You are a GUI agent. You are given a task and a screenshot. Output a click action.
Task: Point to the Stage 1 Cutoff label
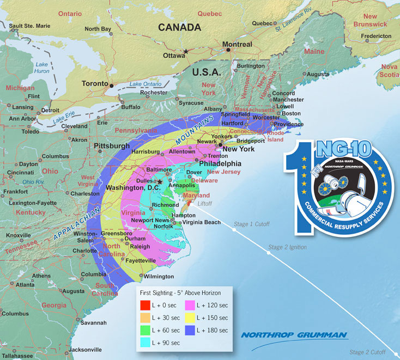pos(252,223)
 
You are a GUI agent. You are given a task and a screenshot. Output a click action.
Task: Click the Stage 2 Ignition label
pos(287,247)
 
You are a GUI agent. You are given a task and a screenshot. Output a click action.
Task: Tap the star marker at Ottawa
pos(186,52)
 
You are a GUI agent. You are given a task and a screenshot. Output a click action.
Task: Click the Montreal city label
pos(238,44)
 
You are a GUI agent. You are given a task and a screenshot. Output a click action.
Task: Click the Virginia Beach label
pos(202,222)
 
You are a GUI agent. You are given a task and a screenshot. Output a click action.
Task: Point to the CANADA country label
pos(179,27)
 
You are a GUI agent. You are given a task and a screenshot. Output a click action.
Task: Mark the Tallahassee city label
pos(16,355)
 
